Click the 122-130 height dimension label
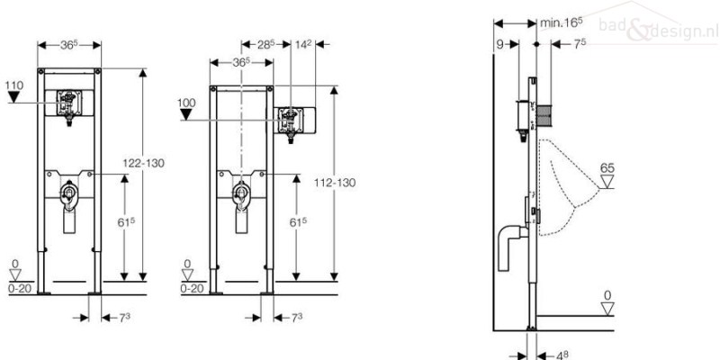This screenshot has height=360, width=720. pyautogui.click(x=143, y=163)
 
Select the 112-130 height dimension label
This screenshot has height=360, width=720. pyautogui.click(x=335, y=183)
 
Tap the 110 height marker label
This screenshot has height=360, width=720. pyautogui.click(x=13, y=85)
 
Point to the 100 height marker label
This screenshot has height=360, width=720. pyautogui.click(x=186, y=103)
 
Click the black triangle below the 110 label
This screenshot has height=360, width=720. pyautogui.click(x=13, y=97)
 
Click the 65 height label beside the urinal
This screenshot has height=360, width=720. pyautogui.click(x=607, y=168)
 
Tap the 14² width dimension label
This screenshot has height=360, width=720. pyautogui.click(x=303, y=44)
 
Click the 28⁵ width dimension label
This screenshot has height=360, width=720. pyautogui.click(x=265, y=44)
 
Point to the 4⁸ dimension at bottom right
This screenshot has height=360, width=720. pyautogui.click(x=562, y=355)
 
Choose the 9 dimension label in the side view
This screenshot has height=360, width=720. pyautogui.click(x=499, y=44)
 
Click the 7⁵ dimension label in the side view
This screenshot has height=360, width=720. pyautogui.click(x=580, y=43)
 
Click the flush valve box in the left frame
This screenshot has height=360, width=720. pyautogui.click(x=69, y=103)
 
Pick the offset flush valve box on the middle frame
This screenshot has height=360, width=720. pyautogui.click(x=294, y=121)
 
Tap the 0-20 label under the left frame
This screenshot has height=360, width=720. pyautogui.click(x=19, y=288)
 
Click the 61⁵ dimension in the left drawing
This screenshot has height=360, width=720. pyautogui.click(x=126, y=221)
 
